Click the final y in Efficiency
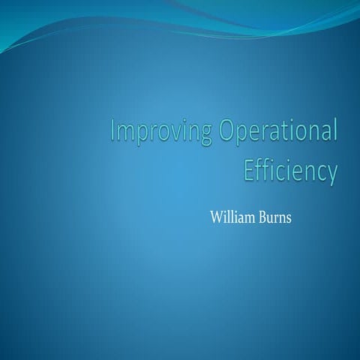pyautogui.click(x=331, y=173)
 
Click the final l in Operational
pyautogui.click(x=333, y=130)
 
